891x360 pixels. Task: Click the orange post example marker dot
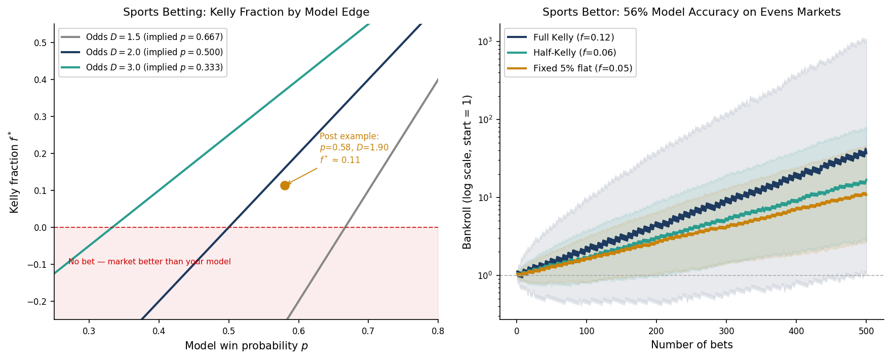285,185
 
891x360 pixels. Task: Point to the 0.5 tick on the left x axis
229,331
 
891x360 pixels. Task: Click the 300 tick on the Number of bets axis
726,331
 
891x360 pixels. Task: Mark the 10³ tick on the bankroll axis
485,42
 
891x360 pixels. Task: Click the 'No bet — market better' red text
149,262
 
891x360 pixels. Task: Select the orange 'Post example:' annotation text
349,136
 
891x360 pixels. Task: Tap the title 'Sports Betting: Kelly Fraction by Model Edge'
246,12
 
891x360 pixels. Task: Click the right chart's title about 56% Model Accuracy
691,12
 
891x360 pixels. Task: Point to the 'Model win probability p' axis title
246,346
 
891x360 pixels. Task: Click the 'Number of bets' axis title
691,345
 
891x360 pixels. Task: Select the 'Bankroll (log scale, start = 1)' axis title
467,172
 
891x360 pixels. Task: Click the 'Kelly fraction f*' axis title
14,172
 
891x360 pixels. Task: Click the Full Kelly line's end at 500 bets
866,151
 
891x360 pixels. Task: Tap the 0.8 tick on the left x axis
438,331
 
